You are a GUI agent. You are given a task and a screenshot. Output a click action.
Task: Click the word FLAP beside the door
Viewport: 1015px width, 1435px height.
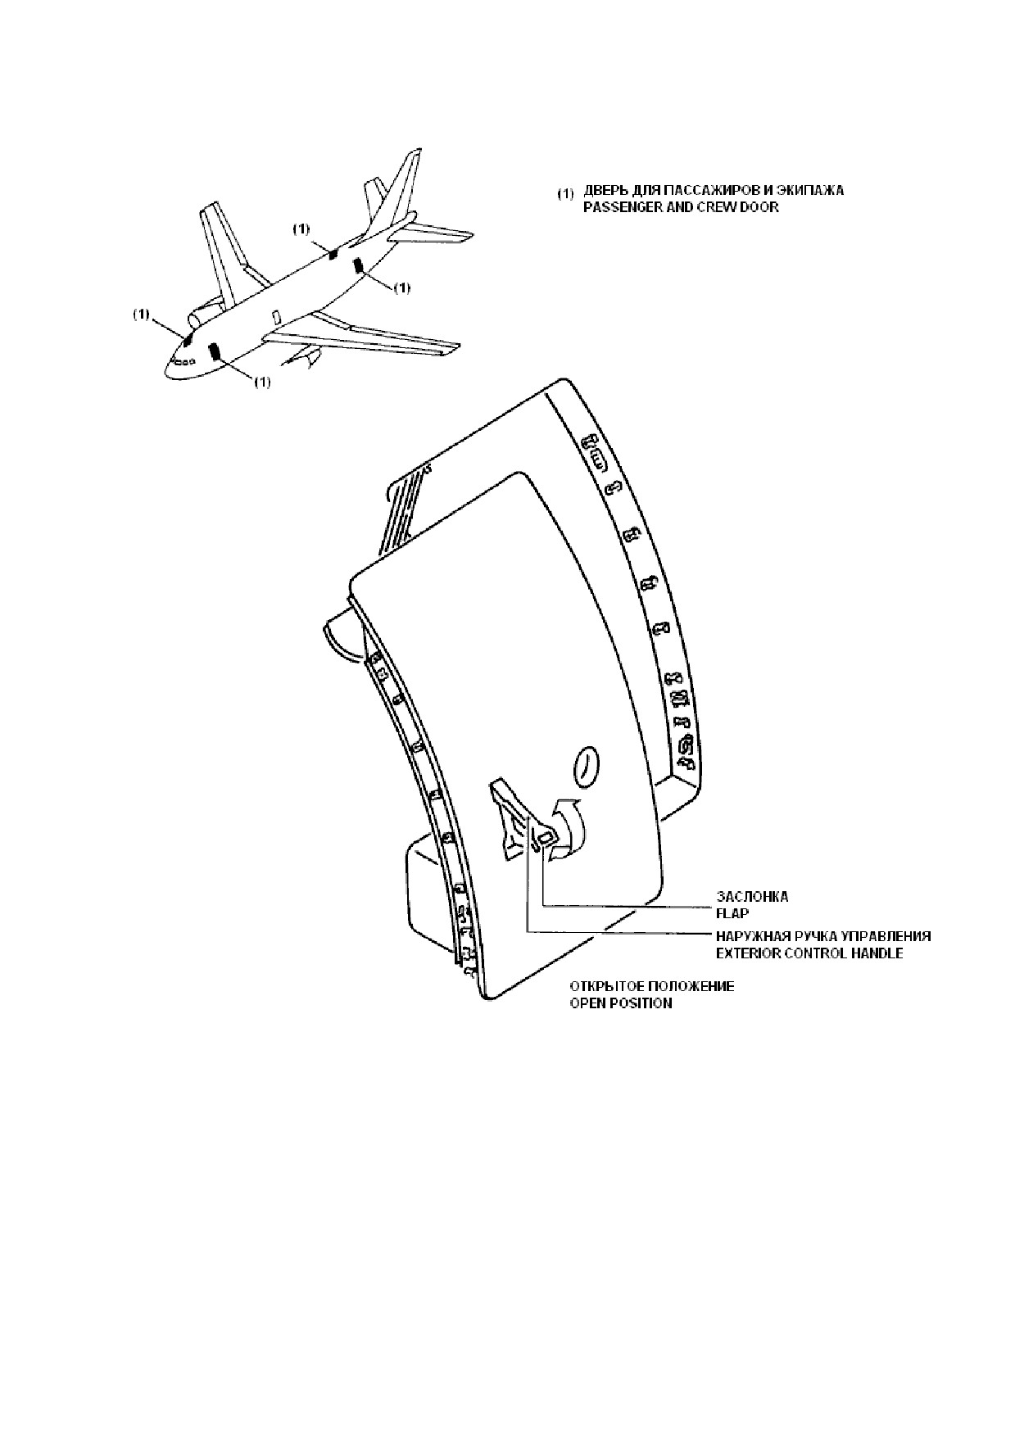tap(732, 913)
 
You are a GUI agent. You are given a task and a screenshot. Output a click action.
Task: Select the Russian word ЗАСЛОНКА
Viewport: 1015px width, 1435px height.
tap(752, 896)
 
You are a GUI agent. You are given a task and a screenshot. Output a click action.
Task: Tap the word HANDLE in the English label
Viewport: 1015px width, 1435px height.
tap(877, 953)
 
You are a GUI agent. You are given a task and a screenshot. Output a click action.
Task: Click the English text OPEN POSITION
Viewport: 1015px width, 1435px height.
tap(621, 1003)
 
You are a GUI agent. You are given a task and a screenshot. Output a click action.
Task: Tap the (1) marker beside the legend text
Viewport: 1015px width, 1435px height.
tap(566, 194)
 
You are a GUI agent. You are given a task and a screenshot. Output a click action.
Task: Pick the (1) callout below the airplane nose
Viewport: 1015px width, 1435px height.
tap(261, 382)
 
